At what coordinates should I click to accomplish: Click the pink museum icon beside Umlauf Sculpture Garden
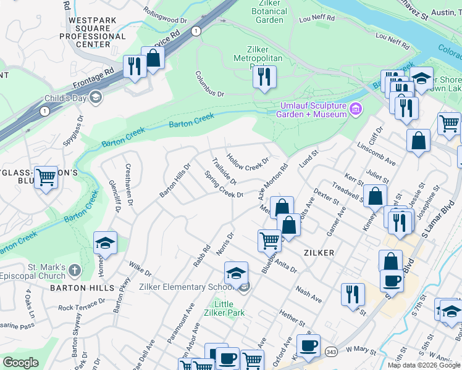tap(355, 110)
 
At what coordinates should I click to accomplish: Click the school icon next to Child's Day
tap(95, 97)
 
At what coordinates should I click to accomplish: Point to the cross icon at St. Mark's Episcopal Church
tap(74, 271)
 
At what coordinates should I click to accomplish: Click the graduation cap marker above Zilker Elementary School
tap(236, 273)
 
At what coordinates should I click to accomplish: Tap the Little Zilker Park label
tap(229, 308)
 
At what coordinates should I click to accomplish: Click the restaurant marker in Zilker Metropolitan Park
tap(264, 77)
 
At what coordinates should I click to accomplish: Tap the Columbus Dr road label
tap(211, 84)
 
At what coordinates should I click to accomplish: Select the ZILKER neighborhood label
tap(319, 253)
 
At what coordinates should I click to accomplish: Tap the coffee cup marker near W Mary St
tap(308, 345)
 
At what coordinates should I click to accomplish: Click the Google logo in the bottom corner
tap(20, 363)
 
